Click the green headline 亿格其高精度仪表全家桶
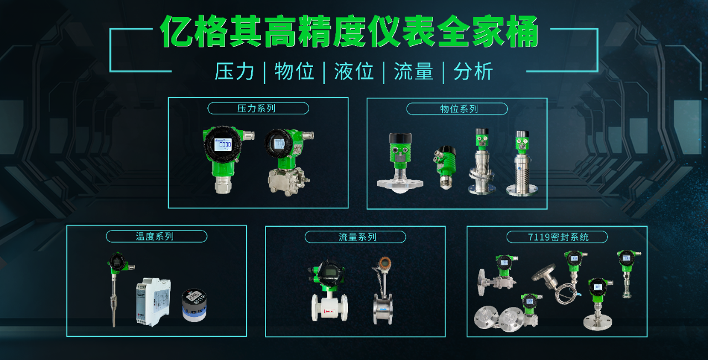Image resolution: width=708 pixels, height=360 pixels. coord(349,32)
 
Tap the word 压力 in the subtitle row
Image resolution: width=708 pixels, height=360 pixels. coord(235,71)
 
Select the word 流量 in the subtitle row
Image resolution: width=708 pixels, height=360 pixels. coord(413,71)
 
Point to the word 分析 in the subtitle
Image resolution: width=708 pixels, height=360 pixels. coord(473,71)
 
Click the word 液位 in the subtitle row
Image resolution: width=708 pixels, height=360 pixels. coord(354,71)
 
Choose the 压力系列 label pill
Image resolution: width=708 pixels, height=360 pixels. coord(258,108)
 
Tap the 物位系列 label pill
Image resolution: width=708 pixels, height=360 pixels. coord(457,109)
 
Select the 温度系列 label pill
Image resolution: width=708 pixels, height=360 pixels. coord(157,237)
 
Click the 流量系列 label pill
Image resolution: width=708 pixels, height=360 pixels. coord(355,237)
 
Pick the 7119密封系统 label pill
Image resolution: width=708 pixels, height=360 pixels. coord(557,237)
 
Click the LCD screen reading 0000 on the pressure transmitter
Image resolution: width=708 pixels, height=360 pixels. coord(223,145)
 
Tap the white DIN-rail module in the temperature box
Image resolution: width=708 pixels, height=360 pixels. coord(153,302)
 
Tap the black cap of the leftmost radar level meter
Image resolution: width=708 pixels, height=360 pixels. coord(400,138)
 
